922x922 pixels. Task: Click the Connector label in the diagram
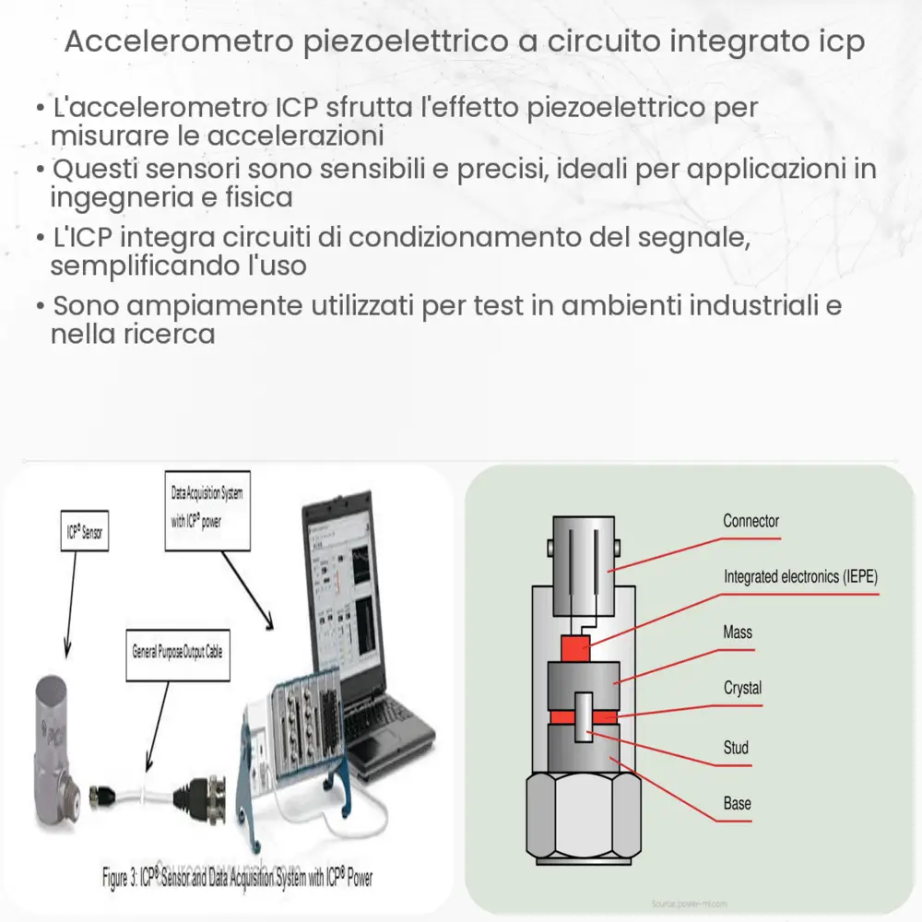coord(751,522)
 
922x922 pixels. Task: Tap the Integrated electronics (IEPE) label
coord(800,577)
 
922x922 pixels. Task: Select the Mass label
coord(738,632)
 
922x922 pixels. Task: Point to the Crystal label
coord(742,689)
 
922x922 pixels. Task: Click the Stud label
coord(736,748)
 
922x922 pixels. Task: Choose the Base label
coord(737,804)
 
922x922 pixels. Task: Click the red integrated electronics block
coord(575,648)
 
